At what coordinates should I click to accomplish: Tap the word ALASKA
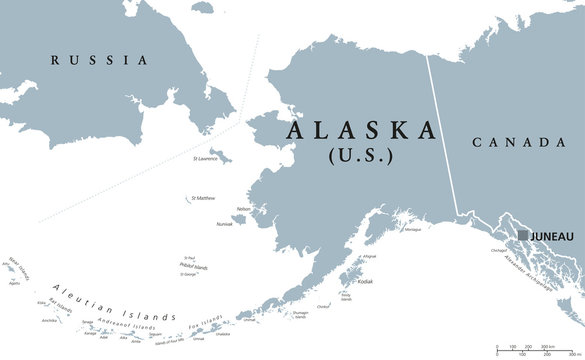(x=362, y=131)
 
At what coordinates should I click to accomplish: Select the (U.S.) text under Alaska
(x=361, y=157)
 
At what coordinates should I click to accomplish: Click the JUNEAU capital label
(x=554, y=236)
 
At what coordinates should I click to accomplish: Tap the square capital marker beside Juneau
(x=522, y=235)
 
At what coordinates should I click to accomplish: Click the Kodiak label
(x=364, y=282)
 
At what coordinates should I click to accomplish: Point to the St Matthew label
(x=203, y=199)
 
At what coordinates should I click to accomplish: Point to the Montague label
(x=412, y=230)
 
